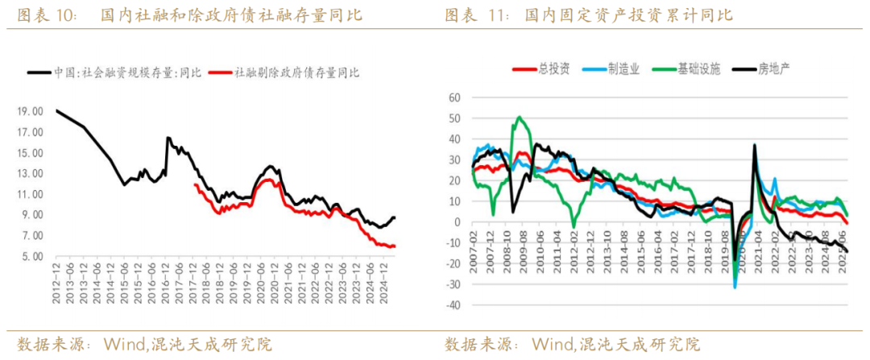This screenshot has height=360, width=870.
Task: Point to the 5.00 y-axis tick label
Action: click(x=31, y=257)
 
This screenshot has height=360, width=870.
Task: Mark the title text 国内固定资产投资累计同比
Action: click(x=628, y=15)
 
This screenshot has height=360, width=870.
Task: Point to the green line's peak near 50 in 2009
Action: click(x=518, y=118)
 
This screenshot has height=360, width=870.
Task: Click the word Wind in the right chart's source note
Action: click(x=553, y=344)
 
